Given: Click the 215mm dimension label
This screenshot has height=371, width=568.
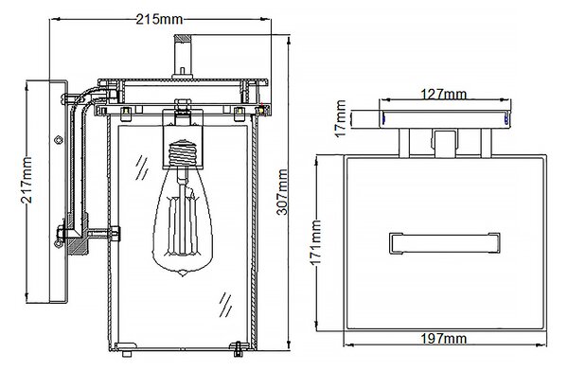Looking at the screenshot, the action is (159, 19).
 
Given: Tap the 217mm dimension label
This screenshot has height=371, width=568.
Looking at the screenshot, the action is (27, 180).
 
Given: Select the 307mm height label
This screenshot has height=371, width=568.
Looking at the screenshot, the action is (282, 192).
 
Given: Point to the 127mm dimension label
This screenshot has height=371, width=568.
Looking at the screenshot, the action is (443, 95).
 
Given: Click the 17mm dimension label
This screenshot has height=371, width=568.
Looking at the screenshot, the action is (341, 119).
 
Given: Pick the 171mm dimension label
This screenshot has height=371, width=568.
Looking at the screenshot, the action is (316, 242).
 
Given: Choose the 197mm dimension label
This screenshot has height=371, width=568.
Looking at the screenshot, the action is (443, 339).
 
